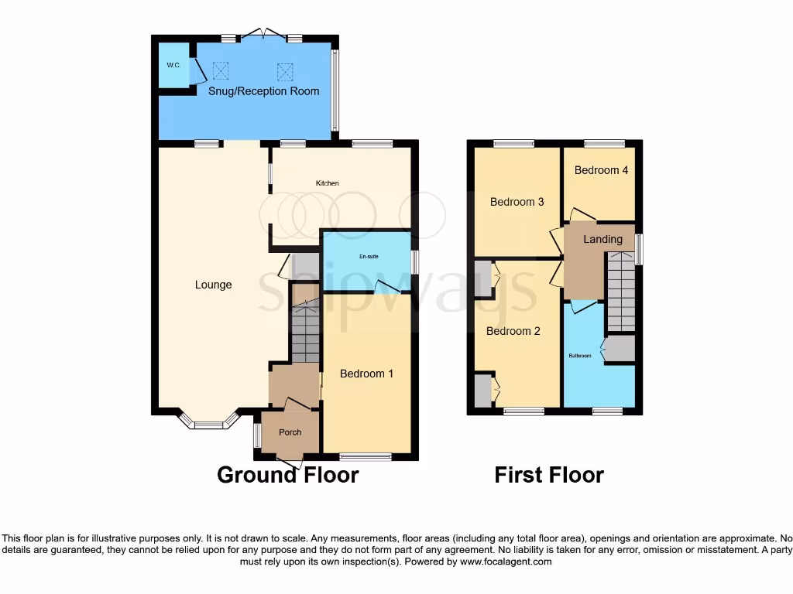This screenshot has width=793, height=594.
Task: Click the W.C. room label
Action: [x=173, y=65]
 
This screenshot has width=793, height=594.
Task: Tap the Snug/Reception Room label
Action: [x=263, y=91]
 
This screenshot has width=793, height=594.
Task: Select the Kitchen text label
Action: [x=327, y=183]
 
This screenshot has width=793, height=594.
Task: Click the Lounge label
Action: [x=213, y=285]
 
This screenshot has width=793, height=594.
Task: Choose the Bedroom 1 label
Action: [x=366, y=374]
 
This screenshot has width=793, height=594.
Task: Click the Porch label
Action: [x=290, y=432]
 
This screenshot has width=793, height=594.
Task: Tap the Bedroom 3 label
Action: [x=517, y=202]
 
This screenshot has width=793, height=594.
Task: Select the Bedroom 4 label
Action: [x=601, y=170]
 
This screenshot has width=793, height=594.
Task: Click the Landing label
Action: [x=602, y=239]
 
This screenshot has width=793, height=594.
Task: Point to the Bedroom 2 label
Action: [x=513, y=331]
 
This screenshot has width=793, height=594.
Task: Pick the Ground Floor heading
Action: [x=287, y=474]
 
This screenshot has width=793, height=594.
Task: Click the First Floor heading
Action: [x=549, y=474]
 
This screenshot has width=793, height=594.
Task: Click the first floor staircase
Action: [x=620, y=293]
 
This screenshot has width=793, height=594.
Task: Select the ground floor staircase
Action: [x=306, y=333]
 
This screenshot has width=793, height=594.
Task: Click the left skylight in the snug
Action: [x=221, y=71]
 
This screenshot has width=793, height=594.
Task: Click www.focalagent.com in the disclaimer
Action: [x=506, y=562]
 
